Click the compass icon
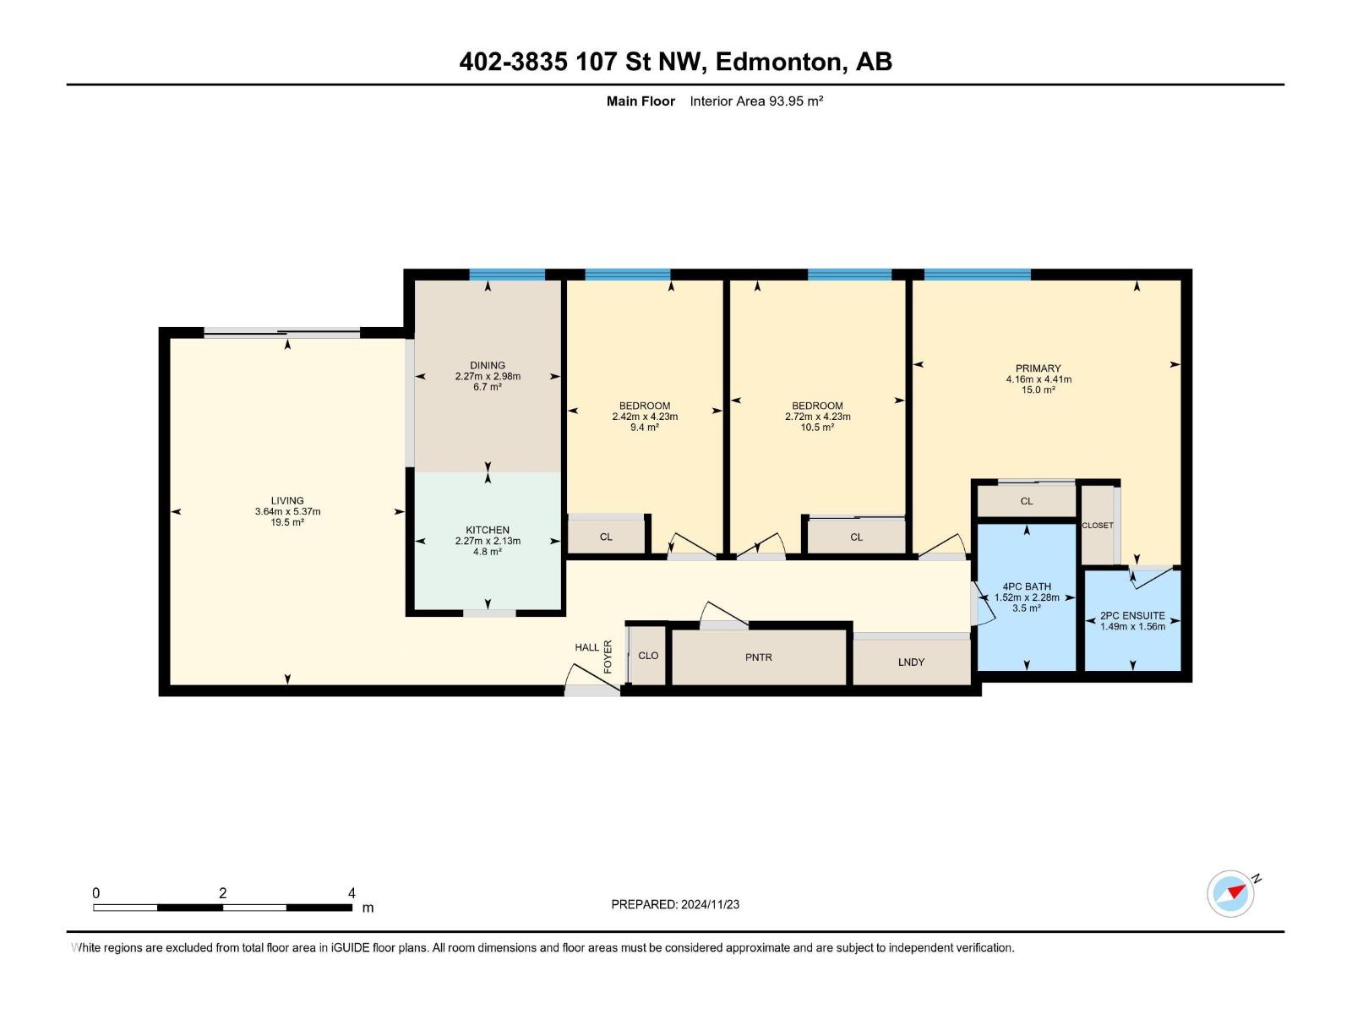coord(1230,893)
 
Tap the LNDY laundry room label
coord(911,662)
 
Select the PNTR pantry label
coord(758,657)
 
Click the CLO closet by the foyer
coord(648,655)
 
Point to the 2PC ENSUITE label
coord(1132,615)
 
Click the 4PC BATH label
coord(1027,586)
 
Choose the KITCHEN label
coord(488,530)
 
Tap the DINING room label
coord(488,365)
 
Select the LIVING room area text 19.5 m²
coord(287,522)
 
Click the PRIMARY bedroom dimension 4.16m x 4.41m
coord(1039,379)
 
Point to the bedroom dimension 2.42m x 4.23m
coord(645,417)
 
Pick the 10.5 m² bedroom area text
coord(817,427)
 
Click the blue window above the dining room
coord(507,275)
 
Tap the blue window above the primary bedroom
coord(978,275)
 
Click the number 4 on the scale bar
coord(352,892)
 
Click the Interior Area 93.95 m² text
coord(756,101)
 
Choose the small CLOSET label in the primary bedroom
coord(1098,525)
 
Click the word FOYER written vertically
coord(608,657)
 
